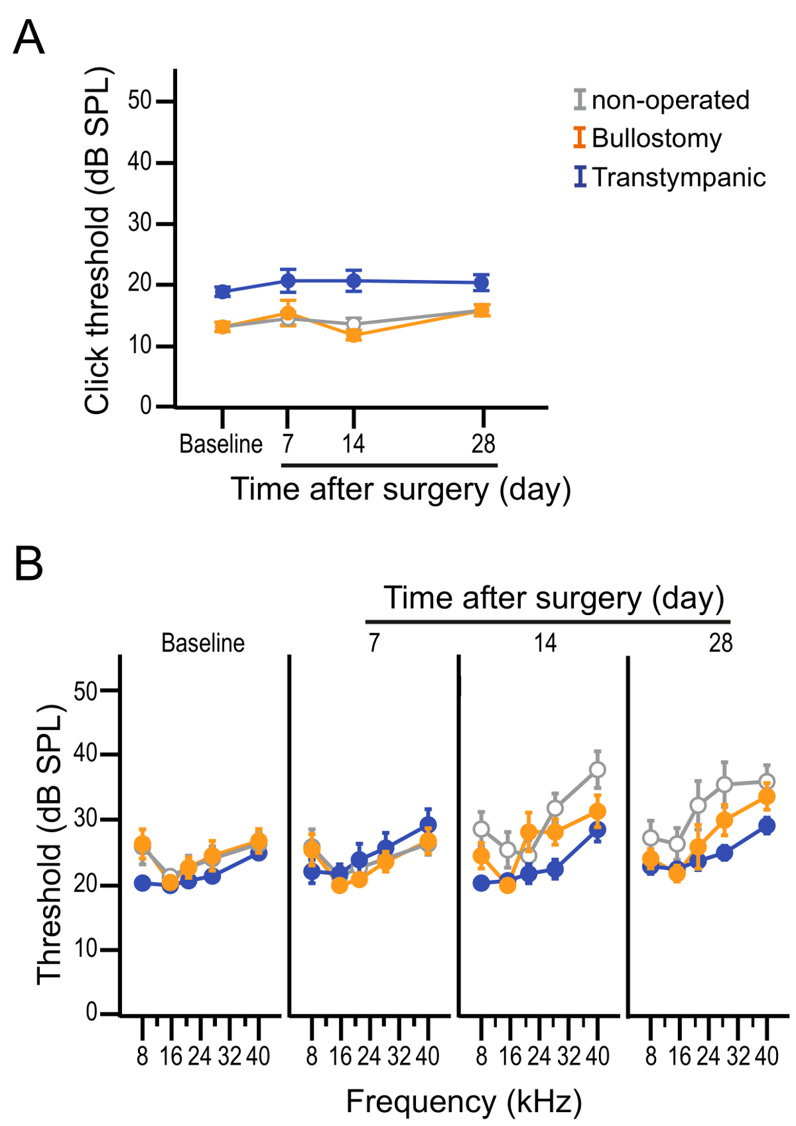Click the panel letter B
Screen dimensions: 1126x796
tap(29, 565)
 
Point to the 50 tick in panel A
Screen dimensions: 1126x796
tap(141, 101)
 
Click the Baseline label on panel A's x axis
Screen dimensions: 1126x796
tap(221, 444)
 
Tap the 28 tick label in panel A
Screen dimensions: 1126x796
tap(484, 444)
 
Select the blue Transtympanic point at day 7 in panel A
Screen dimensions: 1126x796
tap(288, 281)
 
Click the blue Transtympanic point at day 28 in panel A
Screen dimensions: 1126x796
tap(482, 283)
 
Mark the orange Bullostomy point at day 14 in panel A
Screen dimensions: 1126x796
tap(354, 335)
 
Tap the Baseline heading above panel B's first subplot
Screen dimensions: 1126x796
tap(203, 643)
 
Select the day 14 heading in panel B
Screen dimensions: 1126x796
tap(546, 643)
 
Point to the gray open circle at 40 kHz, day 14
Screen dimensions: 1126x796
tap(598, 770)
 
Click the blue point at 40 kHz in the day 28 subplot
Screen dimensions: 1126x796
tap(767, 826)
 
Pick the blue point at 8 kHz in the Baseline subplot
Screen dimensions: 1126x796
tap(143, 882)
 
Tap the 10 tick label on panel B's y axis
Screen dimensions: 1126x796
tap(86, 950)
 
